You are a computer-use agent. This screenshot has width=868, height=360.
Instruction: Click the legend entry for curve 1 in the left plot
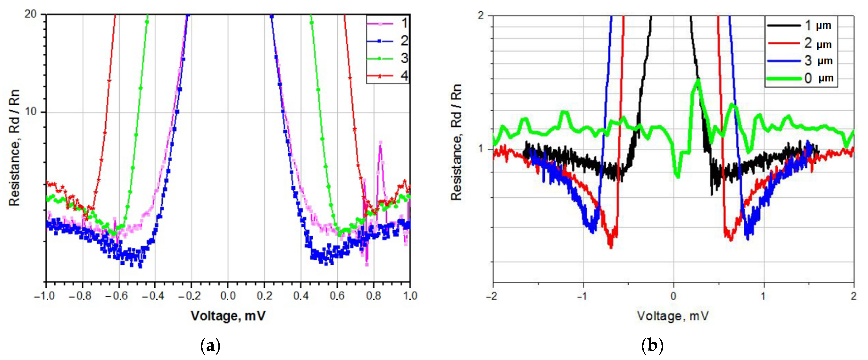(388, 24)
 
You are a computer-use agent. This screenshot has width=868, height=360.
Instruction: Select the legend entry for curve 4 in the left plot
(388, 76)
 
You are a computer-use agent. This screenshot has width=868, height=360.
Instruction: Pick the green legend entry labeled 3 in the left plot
(388, 58)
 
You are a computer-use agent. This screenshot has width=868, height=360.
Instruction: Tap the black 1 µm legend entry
(800, 25)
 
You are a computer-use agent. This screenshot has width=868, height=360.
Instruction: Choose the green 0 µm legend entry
(800, 78)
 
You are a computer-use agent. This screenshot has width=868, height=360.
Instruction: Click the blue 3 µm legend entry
(800, 61)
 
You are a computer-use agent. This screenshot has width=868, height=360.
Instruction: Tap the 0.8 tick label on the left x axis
(373, 296)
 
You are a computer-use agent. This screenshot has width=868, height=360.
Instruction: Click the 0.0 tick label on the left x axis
(228, 296)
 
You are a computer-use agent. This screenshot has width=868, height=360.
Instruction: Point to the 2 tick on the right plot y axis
(481, 15)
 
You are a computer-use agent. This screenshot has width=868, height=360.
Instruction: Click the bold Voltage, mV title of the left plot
(228, 316)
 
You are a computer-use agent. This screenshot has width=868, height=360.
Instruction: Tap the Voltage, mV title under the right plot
(673, 316)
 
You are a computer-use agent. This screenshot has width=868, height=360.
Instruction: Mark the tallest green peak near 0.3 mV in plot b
(698, 80)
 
